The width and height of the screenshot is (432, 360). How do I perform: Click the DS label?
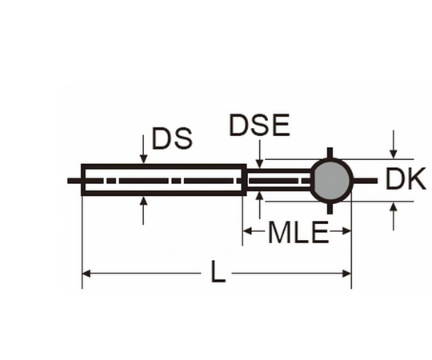pos(172,140)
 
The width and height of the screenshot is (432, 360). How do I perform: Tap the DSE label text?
pos(258,126)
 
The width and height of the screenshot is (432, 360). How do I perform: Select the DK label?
pos(406,180)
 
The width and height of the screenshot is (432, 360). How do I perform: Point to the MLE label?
pos(298,234)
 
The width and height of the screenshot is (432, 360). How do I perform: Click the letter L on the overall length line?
pos(218,274)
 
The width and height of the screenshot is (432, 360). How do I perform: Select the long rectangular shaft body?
pos(163,181)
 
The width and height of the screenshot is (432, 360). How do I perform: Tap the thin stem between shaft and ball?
pos(277,181)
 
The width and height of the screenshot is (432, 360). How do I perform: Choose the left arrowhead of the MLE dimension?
pos(247,233)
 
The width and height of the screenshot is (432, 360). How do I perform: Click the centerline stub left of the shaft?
pos(74,181)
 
